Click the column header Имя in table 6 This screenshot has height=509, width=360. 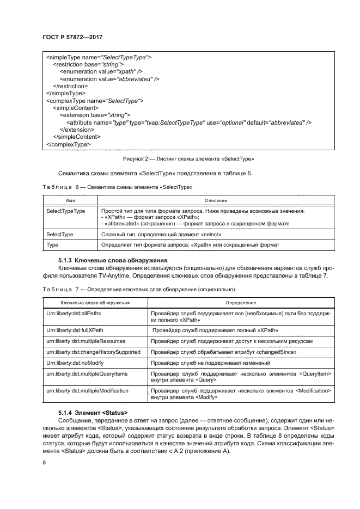click(70, 201)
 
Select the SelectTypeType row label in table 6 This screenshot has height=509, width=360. click(66, 211)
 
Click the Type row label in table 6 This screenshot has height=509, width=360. click(53, 245)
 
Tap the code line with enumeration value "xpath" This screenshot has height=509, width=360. click(101, 71)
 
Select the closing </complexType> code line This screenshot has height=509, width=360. click(69, 145)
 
